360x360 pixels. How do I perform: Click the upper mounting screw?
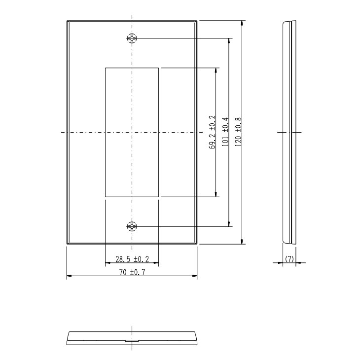[x=132, y=38]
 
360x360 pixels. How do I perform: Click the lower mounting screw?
[x=132, y=226]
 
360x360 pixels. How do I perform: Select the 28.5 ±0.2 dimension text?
[x=132, y=259]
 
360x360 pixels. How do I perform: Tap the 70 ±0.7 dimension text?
[x=132, y=272]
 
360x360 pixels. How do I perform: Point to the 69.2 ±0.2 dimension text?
[x=213, y=132]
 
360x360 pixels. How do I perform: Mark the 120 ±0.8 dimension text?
[x=238, y=132]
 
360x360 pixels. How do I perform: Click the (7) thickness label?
[x=289, y=259]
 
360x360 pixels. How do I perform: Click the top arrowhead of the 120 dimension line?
[x=242, y=23]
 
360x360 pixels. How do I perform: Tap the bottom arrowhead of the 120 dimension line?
[x=242, y=242]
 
